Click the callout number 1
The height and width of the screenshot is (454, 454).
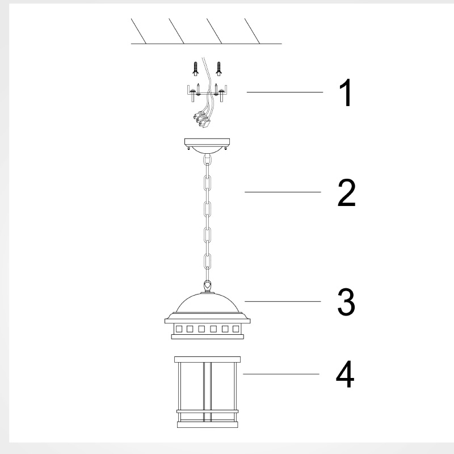(346, 93)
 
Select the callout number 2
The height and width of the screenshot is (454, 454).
(346, 192)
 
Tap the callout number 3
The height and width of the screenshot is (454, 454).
(346, 302)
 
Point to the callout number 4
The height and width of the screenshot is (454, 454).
(345, 374)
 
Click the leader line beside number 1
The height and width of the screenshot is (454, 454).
(285, 92)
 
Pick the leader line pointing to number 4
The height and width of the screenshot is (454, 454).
(281, 374)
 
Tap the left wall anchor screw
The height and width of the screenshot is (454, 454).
(196, 69)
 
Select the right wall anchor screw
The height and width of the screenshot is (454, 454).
(219, 69)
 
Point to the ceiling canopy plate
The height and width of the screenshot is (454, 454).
(207, 142)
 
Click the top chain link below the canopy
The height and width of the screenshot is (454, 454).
(207, 160)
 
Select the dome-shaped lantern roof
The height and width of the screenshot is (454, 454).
(208, 302)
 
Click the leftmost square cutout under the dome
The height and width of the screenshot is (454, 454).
(179, 329)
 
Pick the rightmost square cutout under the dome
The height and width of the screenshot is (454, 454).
(236, 329)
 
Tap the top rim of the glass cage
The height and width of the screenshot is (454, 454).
(207, 359)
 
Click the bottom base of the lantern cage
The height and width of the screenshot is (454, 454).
(207, 424)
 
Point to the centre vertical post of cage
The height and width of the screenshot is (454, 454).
(207, 392)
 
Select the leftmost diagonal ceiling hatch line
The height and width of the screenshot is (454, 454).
(138, 31)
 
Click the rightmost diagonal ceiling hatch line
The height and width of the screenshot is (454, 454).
(252, 31)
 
